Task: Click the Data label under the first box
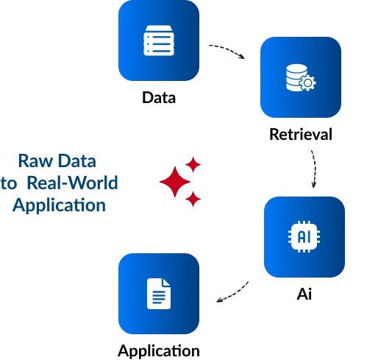pos(159,98)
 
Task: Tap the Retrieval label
pos(301,134)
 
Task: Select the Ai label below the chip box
pos(304,294)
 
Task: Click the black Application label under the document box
pos(159,351)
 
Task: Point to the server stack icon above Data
pos(159,40)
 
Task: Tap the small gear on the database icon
pos(307,83)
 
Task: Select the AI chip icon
pos(304,236)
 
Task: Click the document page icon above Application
pos(159,294)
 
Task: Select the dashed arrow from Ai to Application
pos(234,294)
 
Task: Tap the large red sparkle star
pos(175,182)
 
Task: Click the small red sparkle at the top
pos(193,164)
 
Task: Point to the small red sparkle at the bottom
pos(193,199)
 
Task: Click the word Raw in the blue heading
pos(36,161)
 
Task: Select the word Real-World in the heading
pos(72,183)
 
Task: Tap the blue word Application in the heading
pos(59,205)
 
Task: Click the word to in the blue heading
pos(9,183)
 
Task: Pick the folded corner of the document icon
pos(166,282)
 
